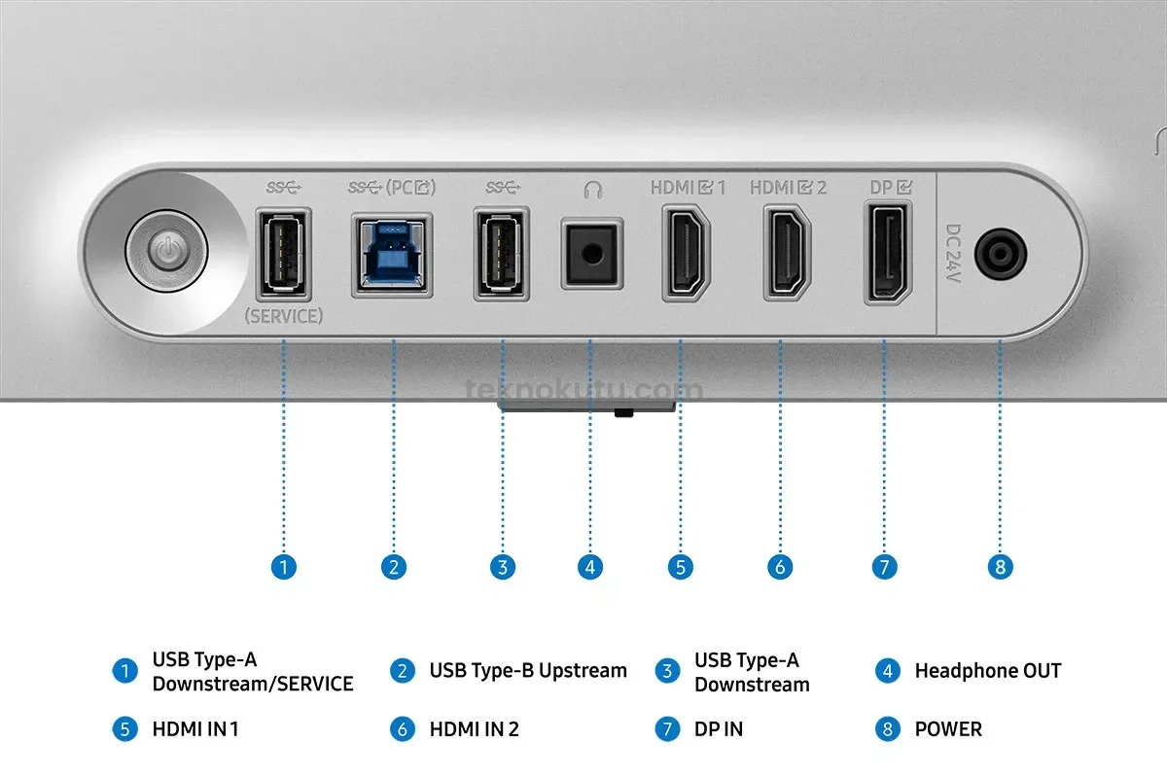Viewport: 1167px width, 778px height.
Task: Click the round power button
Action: coord(166,252)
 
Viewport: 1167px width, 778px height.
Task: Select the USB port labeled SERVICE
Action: coord(284,254)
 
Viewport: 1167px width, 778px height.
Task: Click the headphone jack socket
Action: coord(592,254)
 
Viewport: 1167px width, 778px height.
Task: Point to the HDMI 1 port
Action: coord(686,253)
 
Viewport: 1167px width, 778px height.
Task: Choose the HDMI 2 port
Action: coord(787,253)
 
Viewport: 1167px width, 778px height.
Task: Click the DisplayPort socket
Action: coord(888,253)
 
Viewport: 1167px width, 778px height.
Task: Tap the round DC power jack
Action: coord(1001,254)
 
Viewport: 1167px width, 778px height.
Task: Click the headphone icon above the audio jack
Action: coord(593,190)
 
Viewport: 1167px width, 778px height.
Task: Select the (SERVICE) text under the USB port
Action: coord(284,316)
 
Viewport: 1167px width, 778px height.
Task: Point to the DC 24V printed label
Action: coord(953,253)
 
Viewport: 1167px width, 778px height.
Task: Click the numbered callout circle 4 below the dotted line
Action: coord(590,567)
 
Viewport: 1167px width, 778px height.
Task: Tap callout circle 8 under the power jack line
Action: coord(1001,567)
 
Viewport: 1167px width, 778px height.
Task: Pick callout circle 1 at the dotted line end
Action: coord(284,567)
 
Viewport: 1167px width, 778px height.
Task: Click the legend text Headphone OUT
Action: coord(988,671)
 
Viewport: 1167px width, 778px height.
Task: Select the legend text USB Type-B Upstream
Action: coord(528,671)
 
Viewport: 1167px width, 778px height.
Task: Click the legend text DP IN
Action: coord(719,729)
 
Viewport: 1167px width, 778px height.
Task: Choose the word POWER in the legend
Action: coord(948,729)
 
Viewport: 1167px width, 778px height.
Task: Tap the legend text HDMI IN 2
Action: coord(475,729)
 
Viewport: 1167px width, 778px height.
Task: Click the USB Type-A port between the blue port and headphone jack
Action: coord(502,254)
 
